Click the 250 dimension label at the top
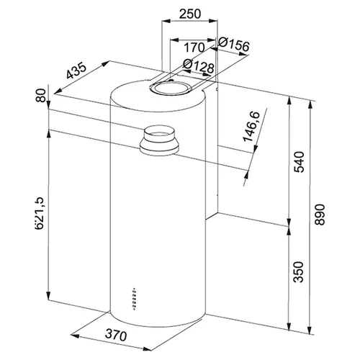pyautogui.click(x=190, y=14)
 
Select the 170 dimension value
pyautogui.click(x=194, y=48)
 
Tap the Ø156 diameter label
pyautogui.click(x=234, y=45)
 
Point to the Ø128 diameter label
pyautogui.click(x=198, y=66)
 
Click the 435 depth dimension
pyautogui.click(x=76, y=71)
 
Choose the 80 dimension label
pyautogui.click(x=41, y=95)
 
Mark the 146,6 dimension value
pyautogui.click(x=251, y=127)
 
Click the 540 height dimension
pyautogui.click(x=299, y=162)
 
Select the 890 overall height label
pyautogui.click(x=320, y=215)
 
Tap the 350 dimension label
pyautogui.click(x=299, y=272)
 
